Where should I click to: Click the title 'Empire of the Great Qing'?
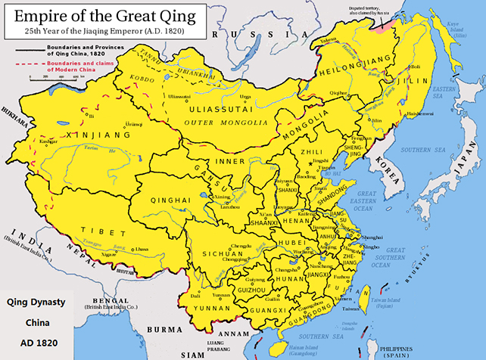point(107,14)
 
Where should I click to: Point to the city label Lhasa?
point(141,249)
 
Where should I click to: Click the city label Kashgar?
point(27,141)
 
